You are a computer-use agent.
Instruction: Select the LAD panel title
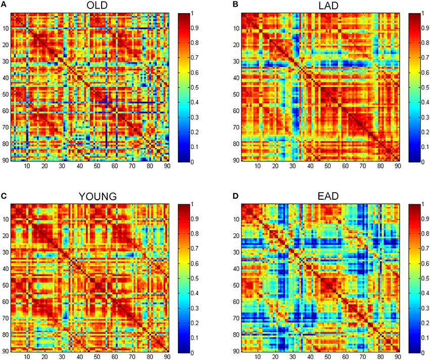tap(320, 7)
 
